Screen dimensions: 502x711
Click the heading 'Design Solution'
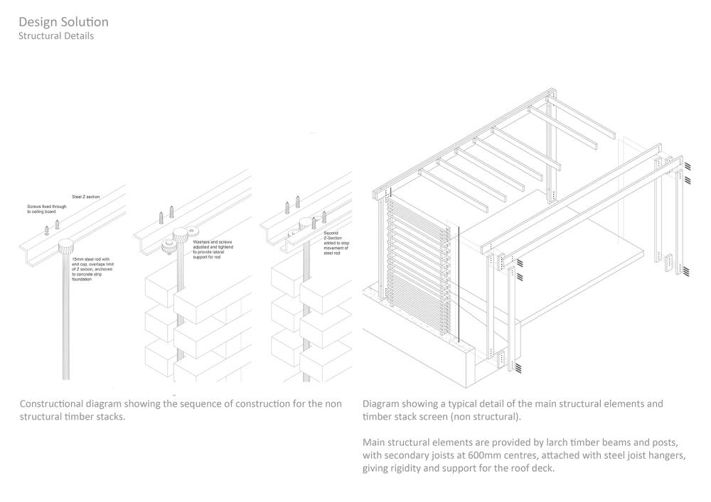tap(63, 22)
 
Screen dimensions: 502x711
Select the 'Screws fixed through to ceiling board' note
tap(47, 208)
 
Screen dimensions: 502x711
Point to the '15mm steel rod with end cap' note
tap(92, 269)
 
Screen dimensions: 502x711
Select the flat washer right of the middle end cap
tap(190, 233)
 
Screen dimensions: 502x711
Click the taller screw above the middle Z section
tap(171, 212)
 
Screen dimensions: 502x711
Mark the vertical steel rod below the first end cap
tap(66, 320)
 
